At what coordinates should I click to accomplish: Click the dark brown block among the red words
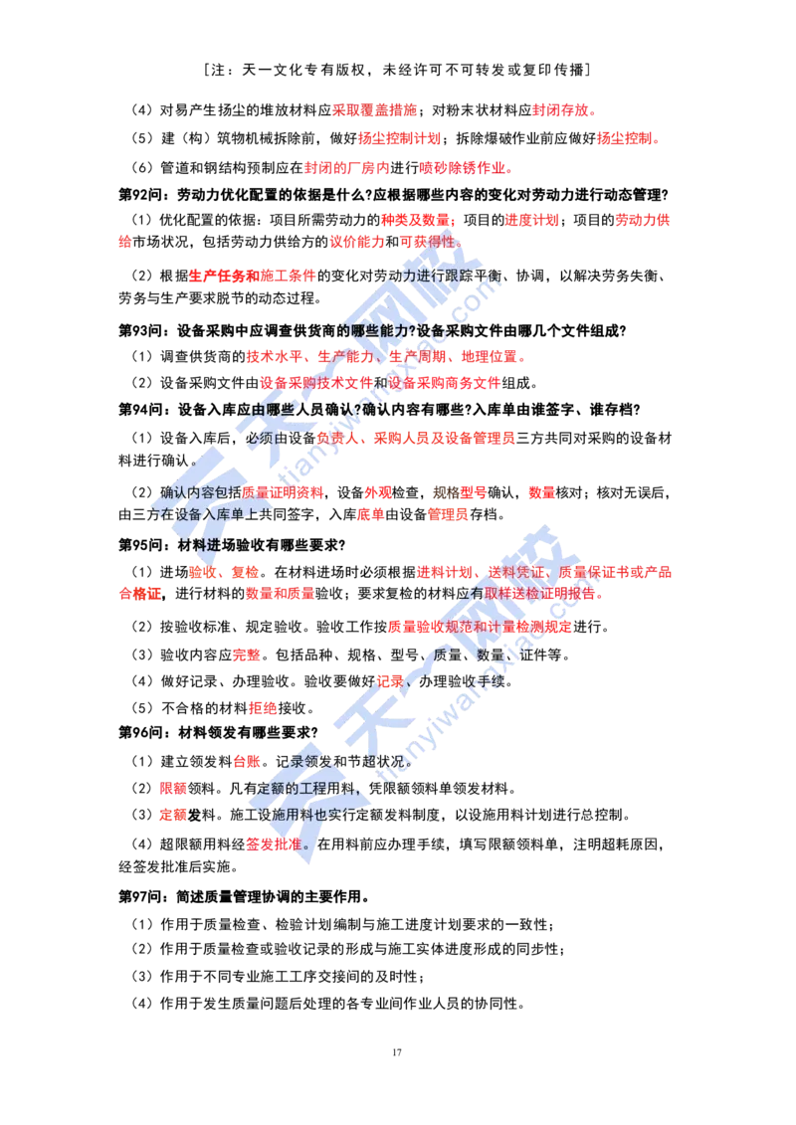coord(443,492)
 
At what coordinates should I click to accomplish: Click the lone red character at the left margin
coord(123,242)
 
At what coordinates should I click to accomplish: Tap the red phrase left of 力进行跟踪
coord(252,276)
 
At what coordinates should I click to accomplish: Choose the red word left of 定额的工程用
coord(173,789)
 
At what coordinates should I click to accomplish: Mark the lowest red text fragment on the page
coord(272,844)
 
